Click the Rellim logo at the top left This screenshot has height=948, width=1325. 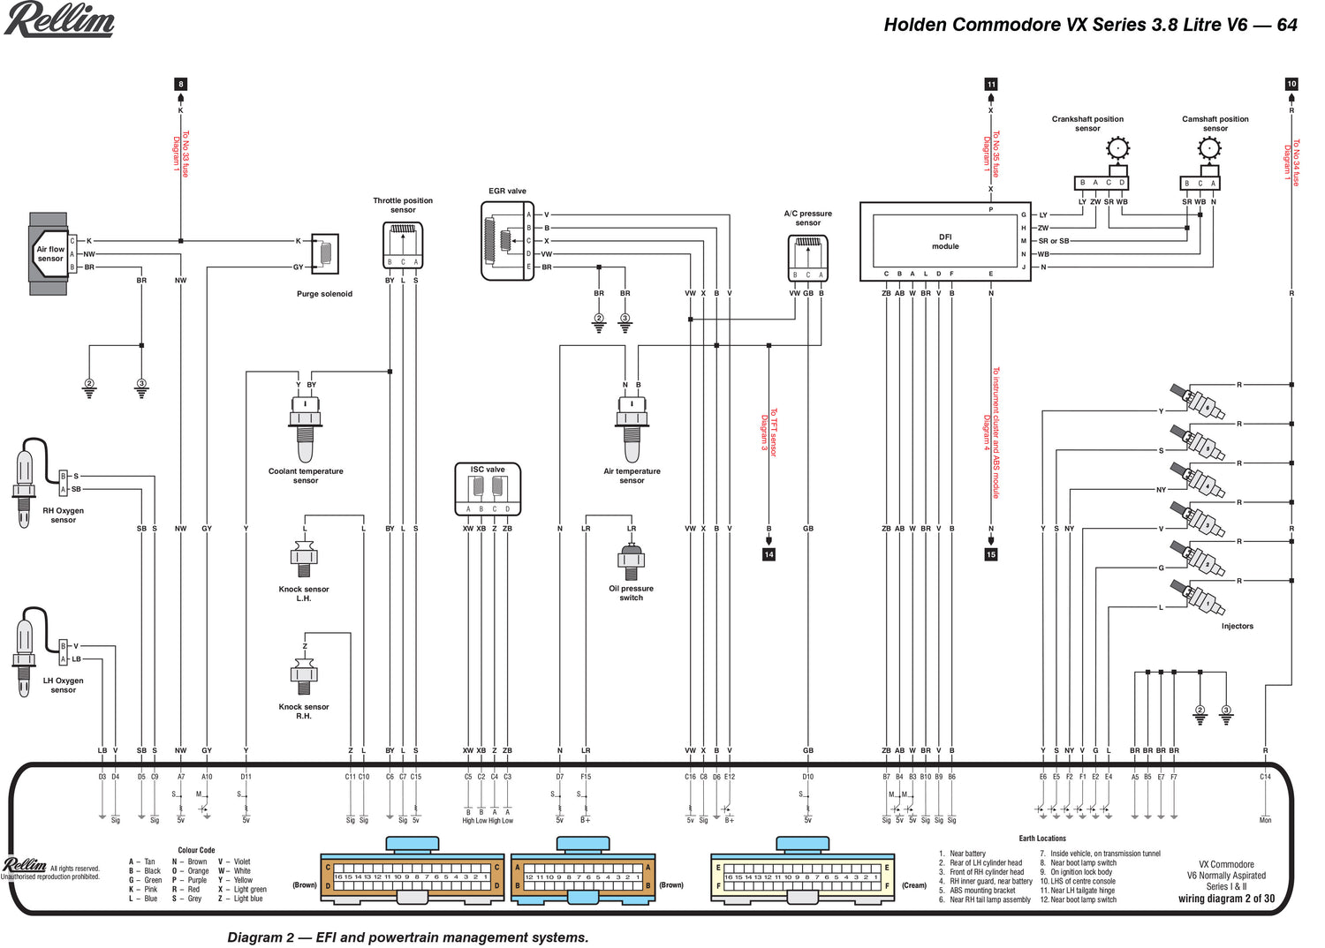point(59,19)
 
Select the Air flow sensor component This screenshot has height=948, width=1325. point(49,253)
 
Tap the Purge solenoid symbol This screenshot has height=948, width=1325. point(325,253)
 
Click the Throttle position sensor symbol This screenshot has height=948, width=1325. point(403,244)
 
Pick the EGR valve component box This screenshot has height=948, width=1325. point(507,241)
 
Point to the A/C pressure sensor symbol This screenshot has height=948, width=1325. point(807,258)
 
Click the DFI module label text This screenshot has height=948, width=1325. point(945,242)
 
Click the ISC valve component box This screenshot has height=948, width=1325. point(488,489)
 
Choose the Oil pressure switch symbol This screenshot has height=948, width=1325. point(632,562)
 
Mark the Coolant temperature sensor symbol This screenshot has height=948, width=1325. point(306,428)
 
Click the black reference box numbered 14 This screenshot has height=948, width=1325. point(768,554)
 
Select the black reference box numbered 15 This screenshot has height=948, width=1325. point(991,554)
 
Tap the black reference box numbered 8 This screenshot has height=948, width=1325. point(181,85)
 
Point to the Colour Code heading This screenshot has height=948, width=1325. point(196,850)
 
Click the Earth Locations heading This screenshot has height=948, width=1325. point(1042,839)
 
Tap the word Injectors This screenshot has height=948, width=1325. point(1237,626)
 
